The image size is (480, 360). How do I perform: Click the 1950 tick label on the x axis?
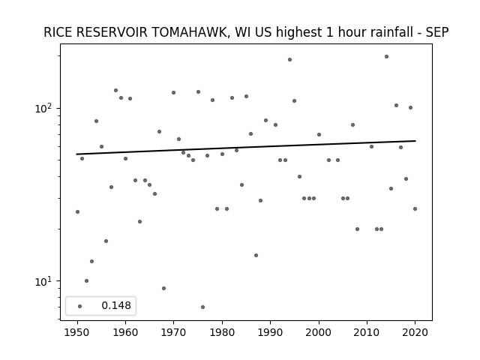[77, 332]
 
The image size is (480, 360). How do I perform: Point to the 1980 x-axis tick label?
[222, 332]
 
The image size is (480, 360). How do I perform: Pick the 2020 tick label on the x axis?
[415, 332]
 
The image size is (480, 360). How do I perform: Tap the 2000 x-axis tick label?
[319, 332]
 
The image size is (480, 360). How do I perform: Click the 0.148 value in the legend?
[116, 305]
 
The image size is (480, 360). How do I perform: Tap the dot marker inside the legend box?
[80, 306]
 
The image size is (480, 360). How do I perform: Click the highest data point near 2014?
[386, 57]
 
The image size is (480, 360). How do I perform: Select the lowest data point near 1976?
[202, 307]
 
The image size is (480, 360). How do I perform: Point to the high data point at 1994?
[289, 60]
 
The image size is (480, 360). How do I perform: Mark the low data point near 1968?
[163, 288]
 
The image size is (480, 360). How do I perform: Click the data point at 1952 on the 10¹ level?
[87, 280]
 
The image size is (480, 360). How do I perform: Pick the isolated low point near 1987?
[256, 255]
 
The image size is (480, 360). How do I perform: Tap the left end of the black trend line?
[76, 154]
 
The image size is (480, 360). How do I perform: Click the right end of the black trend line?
[415, 141]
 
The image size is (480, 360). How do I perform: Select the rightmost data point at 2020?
[415, 208]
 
